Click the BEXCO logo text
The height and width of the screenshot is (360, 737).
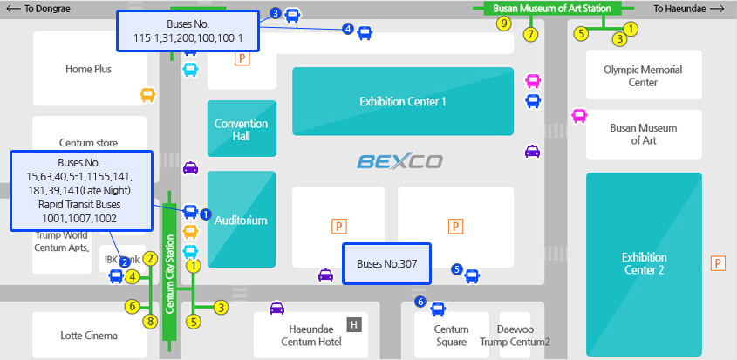click(x=399, y=161)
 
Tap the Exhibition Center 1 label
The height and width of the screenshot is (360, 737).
click(x=403, y=102)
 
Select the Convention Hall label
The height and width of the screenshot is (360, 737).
click(x=241, y=130)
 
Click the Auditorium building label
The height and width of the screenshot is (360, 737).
click(x=241, y=221)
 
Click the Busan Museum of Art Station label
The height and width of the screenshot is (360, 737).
click(x=551, y=8)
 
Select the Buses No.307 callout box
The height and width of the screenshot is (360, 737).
click(x=386, y=263)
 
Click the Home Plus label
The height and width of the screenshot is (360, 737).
click(x=88, y=69)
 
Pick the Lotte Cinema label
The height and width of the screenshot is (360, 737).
click(x=88, y=335)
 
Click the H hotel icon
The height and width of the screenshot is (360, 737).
click(x=353, y=325)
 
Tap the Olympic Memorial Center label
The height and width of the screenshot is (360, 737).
click(x=643, y=76)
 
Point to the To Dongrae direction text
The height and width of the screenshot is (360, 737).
click(x=40, y=9)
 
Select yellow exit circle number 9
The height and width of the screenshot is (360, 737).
click(x=503, y=24)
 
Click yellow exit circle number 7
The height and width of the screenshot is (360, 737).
click(x=529, y=35)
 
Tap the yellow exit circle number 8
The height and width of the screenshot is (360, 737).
click(x=150, y=322)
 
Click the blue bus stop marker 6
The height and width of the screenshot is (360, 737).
click(x=420, y=302)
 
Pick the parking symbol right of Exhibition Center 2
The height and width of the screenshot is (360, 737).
click(x=719, y=263)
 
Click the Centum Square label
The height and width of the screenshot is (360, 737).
click(x=452, y=336)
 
